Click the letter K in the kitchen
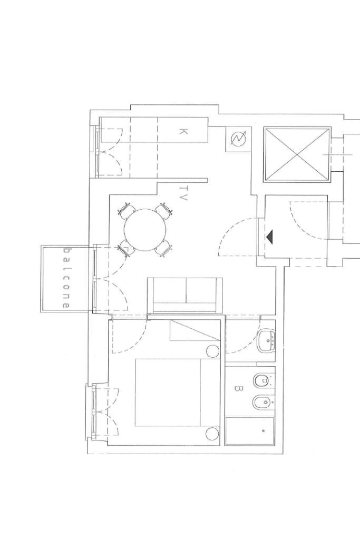[x=183, y=131]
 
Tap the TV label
[x=183, y=193]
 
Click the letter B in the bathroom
[x=238, y=389]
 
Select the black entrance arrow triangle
[x=270, y=238]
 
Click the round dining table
[x=147, y=231]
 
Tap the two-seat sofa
[x=184, y=295]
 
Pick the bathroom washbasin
[x=267, y=341]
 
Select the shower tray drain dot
[x=264, y=431]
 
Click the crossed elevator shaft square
[x=297, y=154]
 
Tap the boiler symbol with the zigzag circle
[x=239, y=139]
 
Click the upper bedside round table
[x=212, y=351]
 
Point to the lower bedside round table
[x=212, y=434]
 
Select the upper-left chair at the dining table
[x=127, y=211]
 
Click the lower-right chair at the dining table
[x=166, y=249]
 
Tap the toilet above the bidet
[x=262, y=380]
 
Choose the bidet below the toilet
[x=261, y=403]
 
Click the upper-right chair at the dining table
[x=165, y=211]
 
